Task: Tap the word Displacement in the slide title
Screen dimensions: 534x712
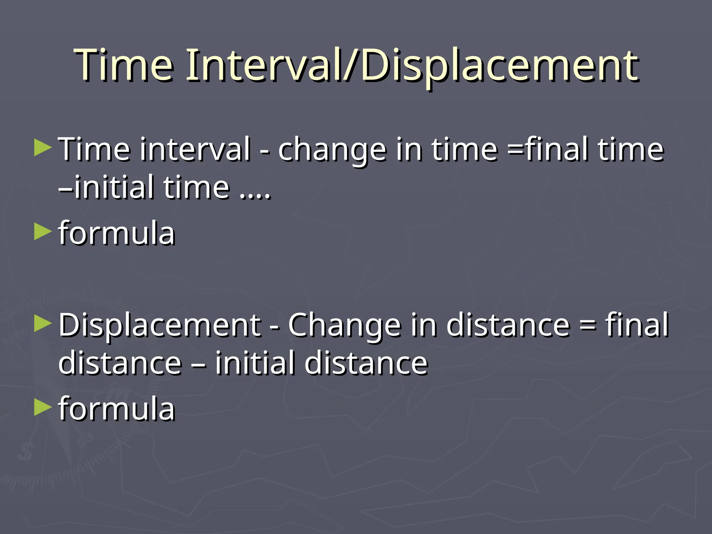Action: pos(499,66)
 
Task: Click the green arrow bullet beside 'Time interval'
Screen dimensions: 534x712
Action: pos(43,147)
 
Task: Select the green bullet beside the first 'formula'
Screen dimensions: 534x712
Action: pos(43,232)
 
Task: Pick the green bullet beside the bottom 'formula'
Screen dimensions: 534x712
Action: pos(43,407)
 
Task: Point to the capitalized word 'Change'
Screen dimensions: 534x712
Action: pos(345,325)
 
